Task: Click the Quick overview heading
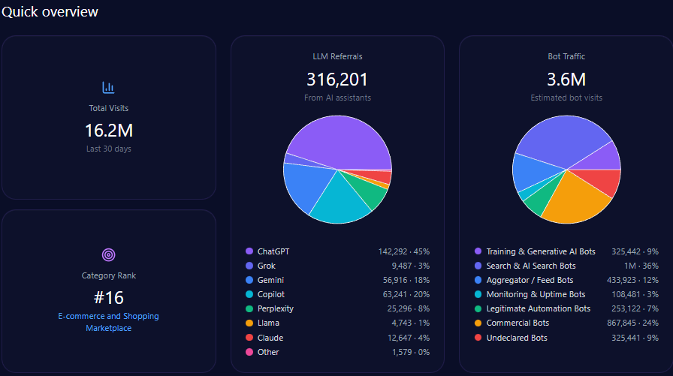(x=50, y=12)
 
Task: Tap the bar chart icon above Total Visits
(x=108, y=88)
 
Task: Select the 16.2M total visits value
(x=108, y=131)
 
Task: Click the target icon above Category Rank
(x=108, y=255)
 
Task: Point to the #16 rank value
(x=108, y=297)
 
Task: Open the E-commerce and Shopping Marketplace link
(x=108, y=322)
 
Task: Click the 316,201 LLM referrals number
(x=337, y=80)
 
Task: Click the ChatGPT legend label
(x=273, y=251)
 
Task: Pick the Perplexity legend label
(x=275, y=308)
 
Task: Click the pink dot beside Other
(x=249, y=352)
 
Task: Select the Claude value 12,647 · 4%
(x=406, y=338)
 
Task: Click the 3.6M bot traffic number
(x=566, y=80)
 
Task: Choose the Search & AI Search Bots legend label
(x=531, y=266)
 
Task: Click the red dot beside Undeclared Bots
(x=478, y=338)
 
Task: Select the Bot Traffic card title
(x=566, y=56)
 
